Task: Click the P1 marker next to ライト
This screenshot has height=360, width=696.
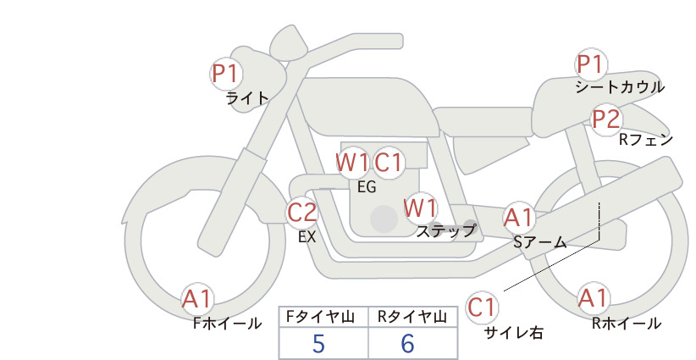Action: click(226, 74)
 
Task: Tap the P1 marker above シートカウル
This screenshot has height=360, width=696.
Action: click(591, 64)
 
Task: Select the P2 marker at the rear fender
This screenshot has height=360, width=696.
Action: click(606, 119)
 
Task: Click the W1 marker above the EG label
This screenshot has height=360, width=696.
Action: click(352, 163)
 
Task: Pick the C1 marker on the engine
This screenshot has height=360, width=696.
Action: click(389, 163)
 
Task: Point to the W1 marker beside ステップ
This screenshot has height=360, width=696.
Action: click(420, 208)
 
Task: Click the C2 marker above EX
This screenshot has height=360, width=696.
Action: click(302, 212)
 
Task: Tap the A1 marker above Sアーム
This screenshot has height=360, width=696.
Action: click(518, 218)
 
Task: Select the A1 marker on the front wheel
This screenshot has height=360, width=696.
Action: click(197, 299)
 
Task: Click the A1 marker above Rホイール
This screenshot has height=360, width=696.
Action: click(593, 298)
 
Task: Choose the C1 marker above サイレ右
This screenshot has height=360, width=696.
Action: click(482, 307)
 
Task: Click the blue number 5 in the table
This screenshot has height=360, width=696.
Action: click(318, 343)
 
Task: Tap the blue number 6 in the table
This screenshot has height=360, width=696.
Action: click(407, 343)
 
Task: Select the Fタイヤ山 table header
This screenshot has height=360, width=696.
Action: click(320, 317)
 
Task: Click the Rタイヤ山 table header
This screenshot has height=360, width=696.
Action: click(412, 317)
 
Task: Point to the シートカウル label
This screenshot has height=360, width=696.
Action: click(620, 87)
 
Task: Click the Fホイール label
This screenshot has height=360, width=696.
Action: click(227, 324)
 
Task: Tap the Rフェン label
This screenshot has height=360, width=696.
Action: click(646, 140)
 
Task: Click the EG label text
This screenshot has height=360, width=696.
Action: click(367, 187)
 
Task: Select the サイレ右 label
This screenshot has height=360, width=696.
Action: click(514, 333)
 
